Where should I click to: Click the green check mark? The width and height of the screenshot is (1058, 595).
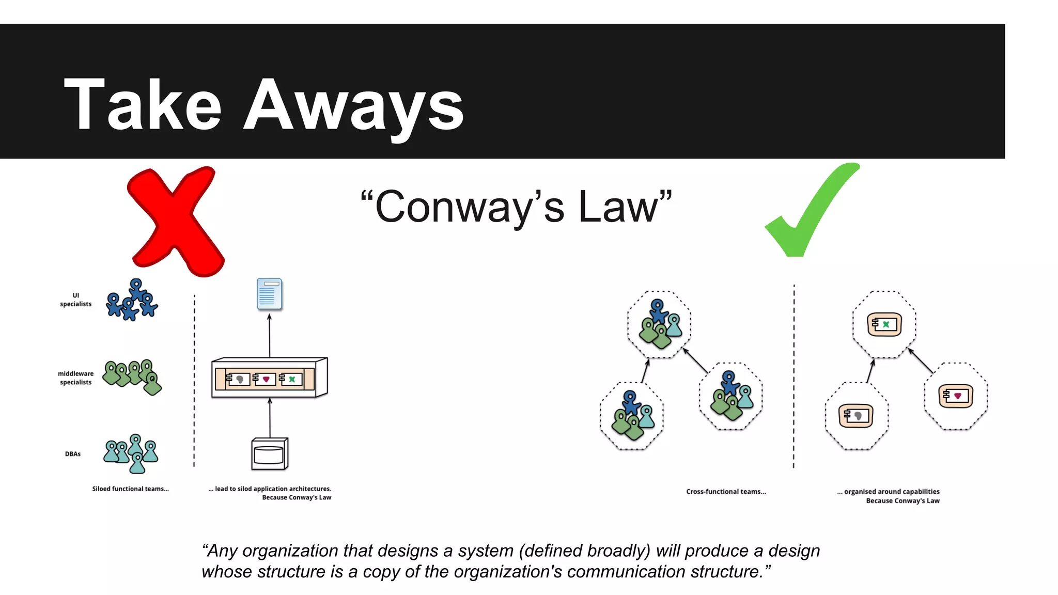click(808, 212)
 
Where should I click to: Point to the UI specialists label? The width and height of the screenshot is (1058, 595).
click(75, 300)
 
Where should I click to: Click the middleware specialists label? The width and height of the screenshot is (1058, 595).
click(76, 378)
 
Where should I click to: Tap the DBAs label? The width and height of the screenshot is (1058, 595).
click(73, 454)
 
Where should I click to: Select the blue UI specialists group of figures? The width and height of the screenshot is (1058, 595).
click(131, 301)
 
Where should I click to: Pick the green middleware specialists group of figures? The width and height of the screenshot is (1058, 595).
click(132, 375)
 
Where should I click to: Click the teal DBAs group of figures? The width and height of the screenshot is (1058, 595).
click(131, 452)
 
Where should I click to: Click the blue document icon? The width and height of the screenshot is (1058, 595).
click(269, 294)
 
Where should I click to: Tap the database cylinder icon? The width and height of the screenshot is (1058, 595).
click(269, 454)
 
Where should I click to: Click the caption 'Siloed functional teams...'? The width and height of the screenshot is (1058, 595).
click(130, 489)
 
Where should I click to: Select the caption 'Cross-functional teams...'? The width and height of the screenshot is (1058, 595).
click(726, 492)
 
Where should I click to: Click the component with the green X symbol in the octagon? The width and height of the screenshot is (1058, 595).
click(884, 324)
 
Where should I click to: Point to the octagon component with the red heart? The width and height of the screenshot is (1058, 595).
click(955, 396)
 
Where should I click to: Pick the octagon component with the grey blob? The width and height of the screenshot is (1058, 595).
click(856, 416)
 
